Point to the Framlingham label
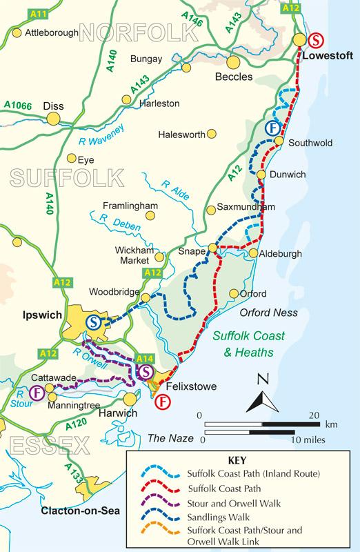pos(130,206)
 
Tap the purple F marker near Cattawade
pos(36,393)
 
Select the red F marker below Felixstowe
pos(163,402)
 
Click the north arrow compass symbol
pos(261,396)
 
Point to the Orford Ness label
pos(268,313)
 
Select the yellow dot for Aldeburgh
pos(254,254)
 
